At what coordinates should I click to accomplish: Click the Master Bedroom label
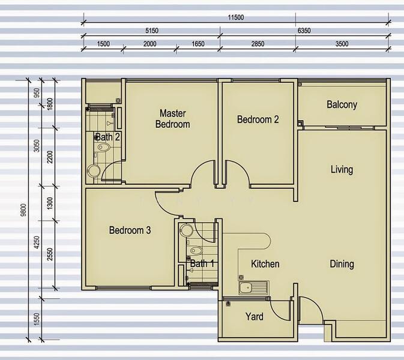(x=172, y=119)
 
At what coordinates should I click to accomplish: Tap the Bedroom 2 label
(x=258, y=119)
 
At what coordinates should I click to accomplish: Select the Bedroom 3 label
(x=130, y=230)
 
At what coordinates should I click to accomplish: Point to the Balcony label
(x=342, y=104)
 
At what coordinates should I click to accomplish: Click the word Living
(x=342, y=169)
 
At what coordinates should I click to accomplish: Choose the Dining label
(x=342, y=263)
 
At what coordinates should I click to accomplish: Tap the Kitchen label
(x=265, y=263)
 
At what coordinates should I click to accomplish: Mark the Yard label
(x=254, y=316)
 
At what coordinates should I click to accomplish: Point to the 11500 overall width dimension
(x=235, y=17)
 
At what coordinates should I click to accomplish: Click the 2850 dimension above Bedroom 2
(x=257, y=44)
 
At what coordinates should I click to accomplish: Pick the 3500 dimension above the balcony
(x=341, y=44)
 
